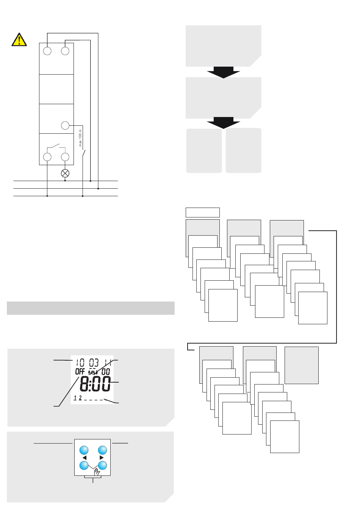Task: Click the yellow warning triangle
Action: (x=19, y=40)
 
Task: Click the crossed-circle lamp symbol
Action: (x=65, y=173)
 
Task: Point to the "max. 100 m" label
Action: (x=80, y=138)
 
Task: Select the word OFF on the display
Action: (x=80, y=372)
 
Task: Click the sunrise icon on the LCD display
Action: (x=93, y=372)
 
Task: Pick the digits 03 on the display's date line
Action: (x=94, y=363)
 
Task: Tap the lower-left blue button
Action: (x=84, y=466)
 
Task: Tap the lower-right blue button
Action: (x=102, y=466)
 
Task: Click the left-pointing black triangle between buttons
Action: (x=85, y=458)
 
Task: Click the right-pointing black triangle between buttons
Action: (x=102, y=458)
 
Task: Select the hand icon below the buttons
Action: (x=97, y=472)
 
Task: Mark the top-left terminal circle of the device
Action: (x=47, y=51)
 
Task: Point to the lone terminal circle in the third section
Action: (x=65, y=126)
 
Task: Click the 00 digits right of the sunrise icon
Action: (x=106, y=372)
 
